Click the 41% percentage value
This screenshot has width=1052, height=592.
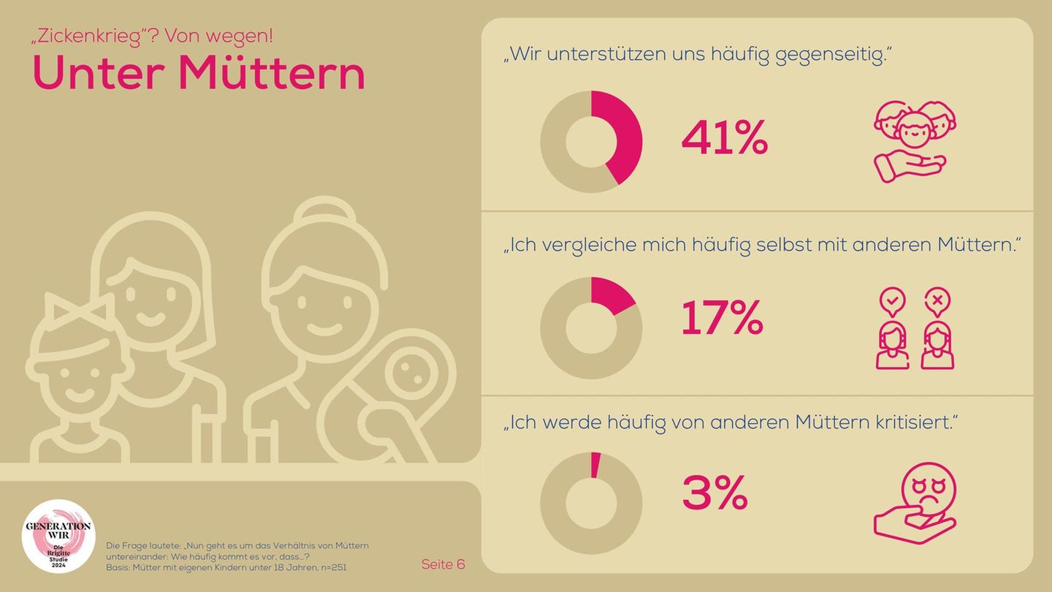(x=724, y=139)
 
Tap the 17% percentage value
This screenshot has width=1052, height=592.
(x=722, y=319)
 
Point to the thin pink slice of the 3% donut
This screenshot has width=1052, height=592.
(x=595, y=466)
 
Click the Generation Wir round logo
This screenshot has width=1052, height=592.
(x=58, y=536)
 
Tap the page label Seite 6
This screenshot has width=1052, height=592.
(x=443, y=564)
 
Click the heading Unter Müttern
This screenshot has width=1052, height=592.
(x=199, y=74)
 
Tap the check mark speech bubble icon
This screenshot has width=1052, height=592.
(x=893, y=301)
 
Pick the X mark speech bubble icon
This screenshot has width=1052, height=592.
(x=937, y=301)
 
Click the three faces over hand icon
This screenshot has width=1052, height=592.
(x=915, y=140)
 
